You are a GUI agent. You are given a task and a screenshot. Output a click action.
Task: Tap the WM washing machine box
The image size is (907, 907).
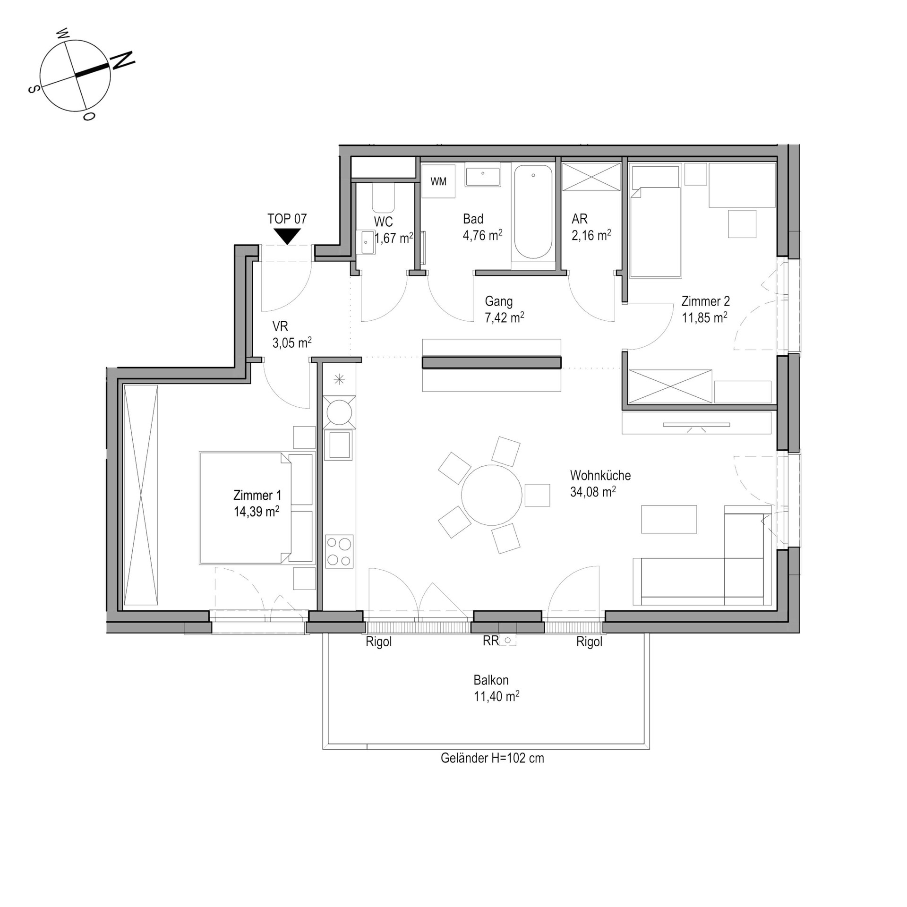click(x=438, y=181)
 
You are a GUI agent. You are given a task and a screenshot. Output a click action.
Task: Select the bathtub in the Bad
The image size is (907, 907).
click(x=533, y=212)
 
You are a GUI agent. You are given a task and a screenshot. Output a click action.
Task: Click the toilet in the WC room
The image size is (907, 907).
click(x=383, y=198)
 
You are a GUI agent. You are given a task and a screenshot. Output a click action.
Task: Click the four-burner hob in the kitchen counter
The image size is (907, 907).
click(x=339, y=551)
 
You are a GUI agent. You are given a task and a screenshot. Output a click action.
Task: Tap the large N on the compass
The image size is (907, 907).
click(x=122, y=61)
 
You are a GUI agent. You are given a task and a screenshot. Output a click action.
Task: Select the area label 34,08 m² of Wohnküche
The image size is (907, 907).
click(x=593, y=492)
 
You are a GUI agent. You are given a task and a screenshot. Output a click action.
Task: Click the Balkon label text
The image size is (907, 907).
click(x=491, y=680)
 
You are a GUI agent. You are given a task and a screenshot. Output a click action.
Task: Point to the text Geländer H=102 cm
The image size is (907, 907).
click(x=492, y=758)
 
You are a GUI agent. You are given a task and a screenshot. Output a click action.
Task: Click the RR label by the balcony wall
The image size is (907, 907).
click(x=491, y=641)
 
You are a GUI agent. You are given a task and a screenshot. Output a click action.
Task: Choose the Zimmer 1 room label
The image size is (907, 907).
click(x=257, y=495)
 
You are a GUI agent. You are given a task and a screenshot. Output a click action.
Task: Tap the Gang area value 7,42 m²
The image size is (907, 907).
click(x=505, y=317)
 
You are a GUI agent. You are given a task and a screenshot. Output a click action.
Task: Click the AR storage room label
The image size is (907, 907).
click(x=580, y=219)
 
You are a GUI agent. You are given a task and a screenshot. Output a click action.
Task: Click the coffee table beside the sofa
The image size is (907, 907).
click(x=668, y=519)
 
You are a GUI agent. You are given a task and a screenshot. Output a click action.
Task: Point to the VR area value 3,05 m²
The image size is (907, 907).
click(x=292, y=342)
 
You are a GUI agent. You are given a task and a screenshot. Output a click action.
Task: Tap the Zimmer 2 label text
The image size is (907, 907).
click(x=705, y=301)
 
